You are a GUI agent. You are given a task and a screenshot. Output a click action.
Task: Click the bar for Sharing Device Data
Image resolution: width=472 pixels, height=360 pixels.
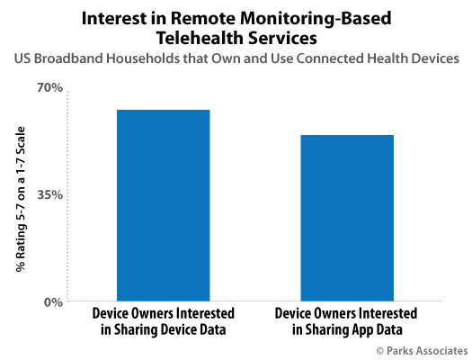click(x=164, y=205)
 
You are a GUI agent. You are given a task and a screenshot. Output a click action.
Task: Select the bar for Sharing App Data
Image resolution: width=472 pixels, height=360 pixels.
click(x=347, y=218)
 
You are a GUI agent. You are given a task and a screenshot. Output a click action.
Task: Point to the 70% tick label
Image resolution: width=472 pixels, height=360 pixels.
click(x=50, y=87)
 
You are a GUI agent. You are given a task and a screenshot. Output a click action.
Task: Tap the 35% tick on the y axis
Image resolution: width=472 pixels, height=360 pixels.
click(x=50, y=195)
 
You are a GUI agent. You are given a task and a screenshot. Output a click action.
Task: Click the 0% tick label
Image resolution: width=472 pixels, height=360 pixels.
click(x=53, y=301)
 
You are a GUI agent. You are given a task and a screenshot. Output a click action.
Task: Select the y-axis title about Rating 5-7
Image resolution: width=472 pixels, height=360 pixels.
click(x=21, y=199)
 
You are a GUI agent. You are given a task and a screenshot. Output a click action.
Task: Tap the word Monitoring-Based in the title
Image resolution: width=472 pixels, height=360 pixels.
click(x=316, y=19)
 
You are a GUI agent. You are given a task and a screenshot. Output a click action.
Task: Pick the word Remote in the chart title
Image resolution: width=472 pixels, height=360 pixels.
click(x=203, y=18)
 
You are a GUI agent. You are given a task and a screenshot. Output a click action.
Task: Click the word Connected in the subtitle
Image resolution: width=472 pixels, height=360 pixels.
click(x=330, y=58)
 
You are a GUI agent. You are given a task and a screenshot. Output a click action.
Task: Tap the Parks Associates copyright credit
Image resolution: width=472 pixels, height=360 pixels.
click(x=422, y=351)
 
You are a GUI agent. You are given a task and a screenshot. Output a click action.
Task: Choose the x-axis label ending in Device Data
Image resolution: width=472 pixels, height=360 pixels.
click(x=164, y=321)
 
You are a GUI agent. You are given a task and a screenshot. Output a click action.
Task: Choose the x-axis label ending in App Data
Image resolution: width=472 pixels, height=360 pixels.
click(x=346, y=321)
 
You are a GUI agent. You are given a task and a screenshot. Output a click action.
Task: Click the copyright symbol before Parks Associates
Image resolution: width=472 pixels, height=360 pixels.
click(x=380, y=351)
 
